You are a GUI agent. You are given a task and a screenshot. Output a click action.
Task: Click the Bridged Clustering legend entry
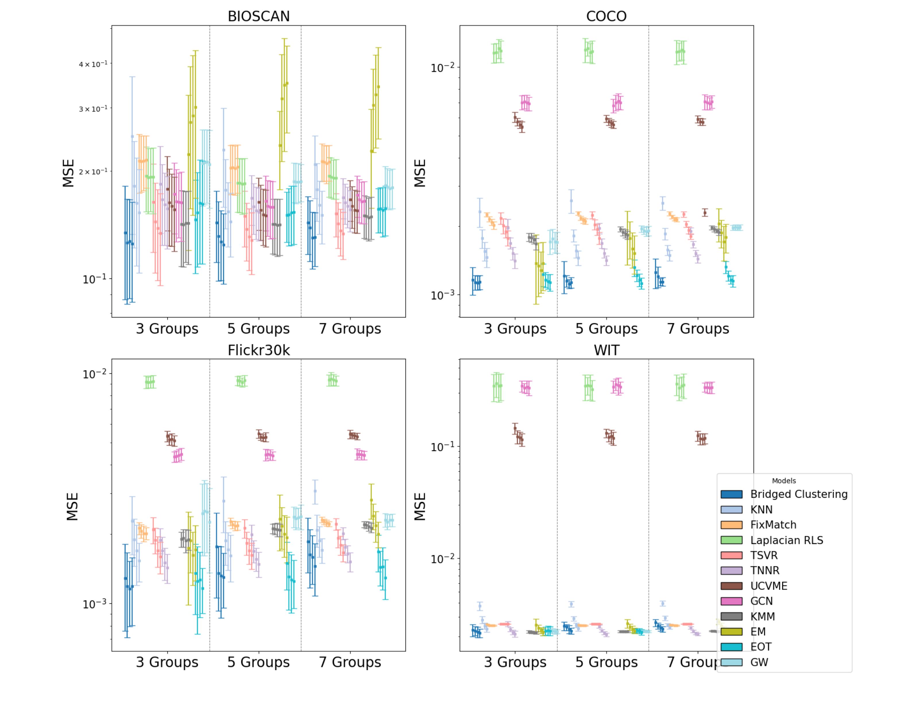point(798,494)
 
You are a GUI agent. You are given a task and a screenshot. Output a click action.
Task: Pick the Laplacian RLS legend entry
point(786,540)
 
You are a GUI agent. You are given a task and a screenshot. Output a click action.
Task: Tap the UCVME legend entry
point(768,586)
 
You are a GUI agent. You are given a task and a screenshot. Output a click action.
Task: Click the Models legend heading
point(783,481)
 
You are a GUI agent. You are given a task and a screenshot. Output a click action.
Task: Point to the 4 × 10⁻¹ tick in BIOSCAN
point(93,64)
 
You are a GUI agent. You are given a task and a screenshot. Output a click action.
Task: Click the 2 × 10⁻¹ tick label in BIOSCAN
point(93,171)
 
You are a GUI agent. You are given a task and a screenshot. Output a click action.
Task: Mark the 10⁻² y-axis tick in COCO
point(443,67)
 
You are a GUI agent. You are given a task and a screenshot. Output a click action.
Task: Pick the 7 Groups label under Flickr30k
point(350,662)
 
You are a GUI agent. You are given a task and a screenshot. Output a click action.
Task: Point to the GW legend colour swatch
point(731,663)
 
